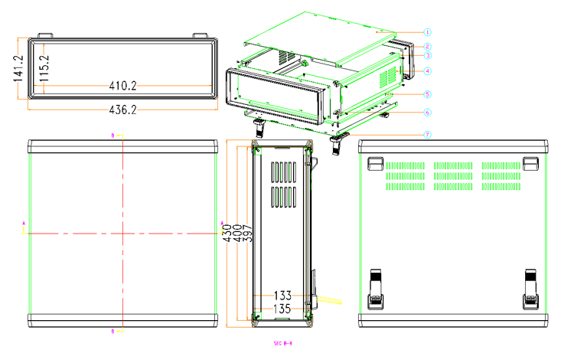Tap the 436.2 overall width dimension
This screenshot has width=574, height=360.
click(x=122, y=110)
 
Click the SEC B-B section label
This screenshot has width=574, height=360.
click(x=283, y=344)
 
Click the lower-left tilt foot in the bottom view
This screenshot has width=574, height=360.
click(x=376, y=287)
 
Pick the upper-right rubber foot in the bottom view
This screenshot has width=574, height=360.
click(x=530, y=162)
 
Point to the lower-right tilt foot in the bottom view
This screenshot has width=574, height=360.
click(x=531, y=287)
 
